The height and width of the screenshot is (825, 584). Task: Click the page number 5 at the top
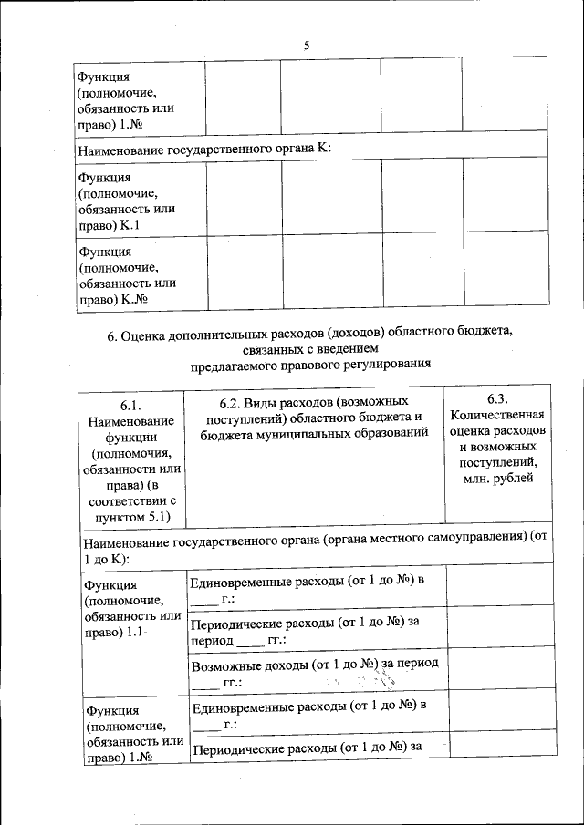pyautogui.click(x=307, y=46)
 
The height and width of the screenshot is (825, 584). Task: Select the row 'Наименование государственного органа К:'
pyautogui.click(x=204, y=149)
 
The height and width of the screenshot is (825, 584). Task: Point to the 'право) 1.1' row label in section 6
pyautogui.click(x=115, y=633)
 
